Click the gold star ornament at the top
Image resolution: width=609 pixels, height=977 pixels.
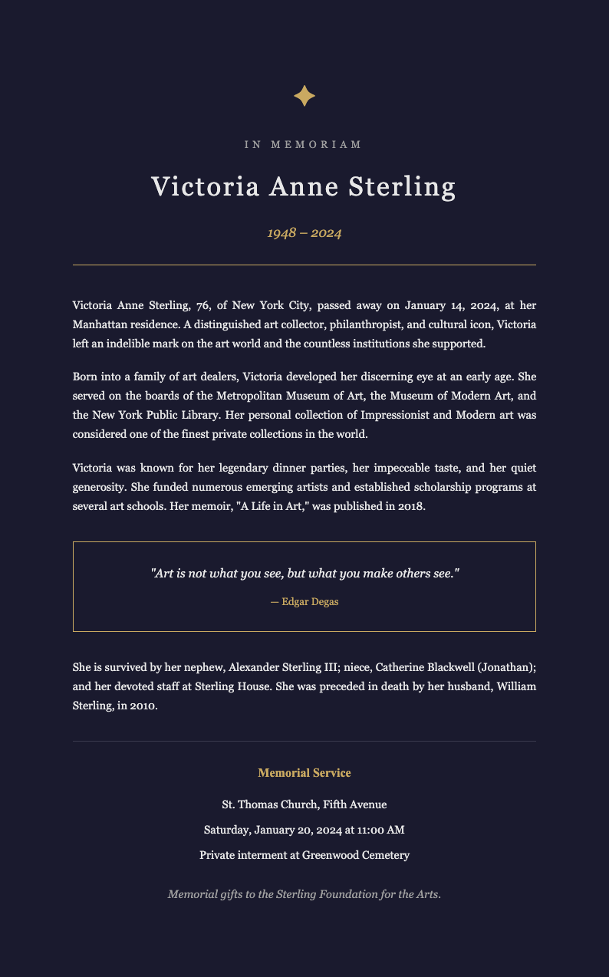coord(304,96)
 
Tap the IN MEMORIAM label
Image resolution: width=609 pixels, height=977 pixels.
coord(304,145)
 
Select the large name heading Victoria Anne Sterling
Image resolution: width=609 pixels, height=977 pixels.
coord(304,187)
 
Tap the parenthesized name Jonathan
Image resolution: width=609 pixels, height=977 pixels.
coord(502,667)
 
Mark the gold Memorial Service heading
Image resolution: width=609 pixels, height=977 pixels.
coord(304,773)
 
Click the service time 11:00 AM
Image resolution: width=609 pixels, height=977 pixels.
coord(380,830)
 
